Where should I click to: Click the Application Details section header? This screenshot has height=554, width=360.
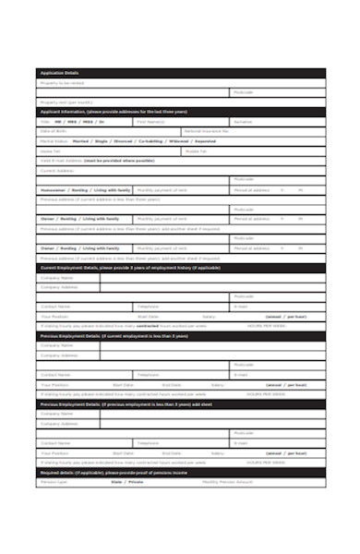(59, 73)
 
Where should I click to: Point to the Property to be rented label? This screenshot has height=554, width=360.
(57, 83)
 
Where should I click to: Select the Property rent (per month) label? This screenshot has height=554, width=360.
(66, 102)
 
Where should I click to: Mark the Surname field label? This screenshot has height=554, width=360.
(242, 122)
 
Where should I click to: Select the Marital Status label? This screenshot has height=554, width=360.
(54, 141)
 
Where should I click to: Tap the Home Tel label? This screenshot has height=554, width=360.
(50, 151)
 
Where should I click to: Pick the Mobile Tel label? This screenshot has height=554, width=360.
(197, 151)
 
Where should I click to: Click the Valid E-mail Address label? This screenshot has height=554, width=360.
(61, 161)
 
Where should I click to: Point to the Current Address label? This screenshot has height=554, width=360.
(56, 170)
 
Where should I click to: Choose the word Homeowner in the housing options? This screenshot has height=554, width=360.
(54, 189)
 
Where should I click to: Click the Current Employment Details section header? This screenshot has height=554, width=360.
(129, 268)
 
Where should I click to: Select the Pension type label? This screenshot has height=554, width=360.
(54, 482)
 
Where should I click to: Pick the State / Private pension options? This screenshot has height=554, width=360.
(127, 482)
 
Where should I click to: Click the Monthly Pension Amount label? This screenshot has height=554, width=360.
(227, 482)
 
